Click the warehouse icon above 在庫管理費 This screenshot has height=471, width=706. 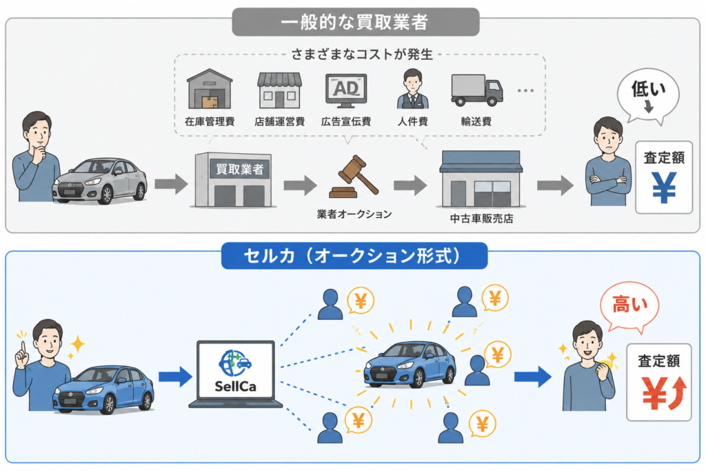210,89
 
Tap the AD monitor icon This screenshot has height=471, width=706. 346,90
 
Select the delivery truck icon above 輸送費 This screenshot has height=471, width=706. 477,90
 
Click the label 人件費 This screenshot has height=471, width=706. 412,121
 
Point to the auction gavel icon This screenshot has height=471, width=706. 354,177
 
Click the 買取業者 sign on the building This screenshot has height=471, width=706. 239,170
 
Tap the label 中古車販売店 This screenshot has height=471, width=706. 481,219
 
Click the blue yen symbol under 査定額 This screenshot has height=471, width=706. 664,188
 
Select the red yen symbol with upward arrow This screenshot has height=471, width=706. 664,393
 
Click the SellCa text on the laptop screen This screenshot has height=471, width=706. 236,386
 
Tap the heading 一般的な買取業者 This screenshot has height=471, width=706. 355,22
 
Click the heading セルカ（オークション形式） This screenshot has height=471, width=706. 354,256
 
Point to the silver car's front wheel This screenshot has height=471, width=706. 107,194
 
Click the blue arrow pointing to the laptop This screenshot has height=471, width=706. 176,377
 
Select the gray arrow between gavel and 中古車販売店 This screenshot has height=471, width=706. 410,186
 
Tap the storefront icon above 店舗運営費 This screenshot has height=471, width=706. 279,90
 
